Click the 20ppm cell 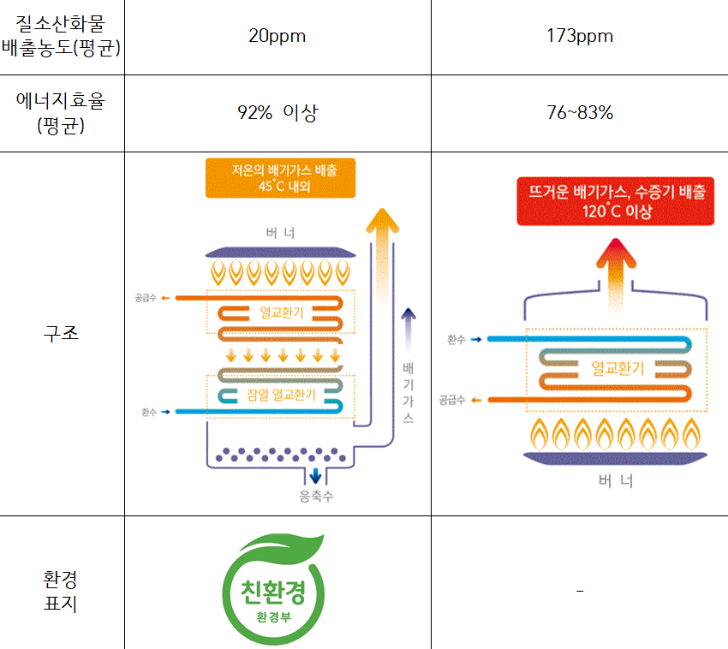pos(277,37)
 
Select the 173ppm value pos(580,37)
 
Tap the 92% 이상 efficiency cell pos(277,113)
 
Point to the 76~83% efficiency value pos(580,113)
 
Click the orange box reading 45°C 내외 pos(280,178)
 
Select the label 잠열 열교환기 pos(281,395)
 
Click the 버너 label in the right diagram pos(616,481)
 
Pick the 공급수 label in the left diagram pos(146,298)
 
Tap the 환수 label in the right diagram pos(456,340)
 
